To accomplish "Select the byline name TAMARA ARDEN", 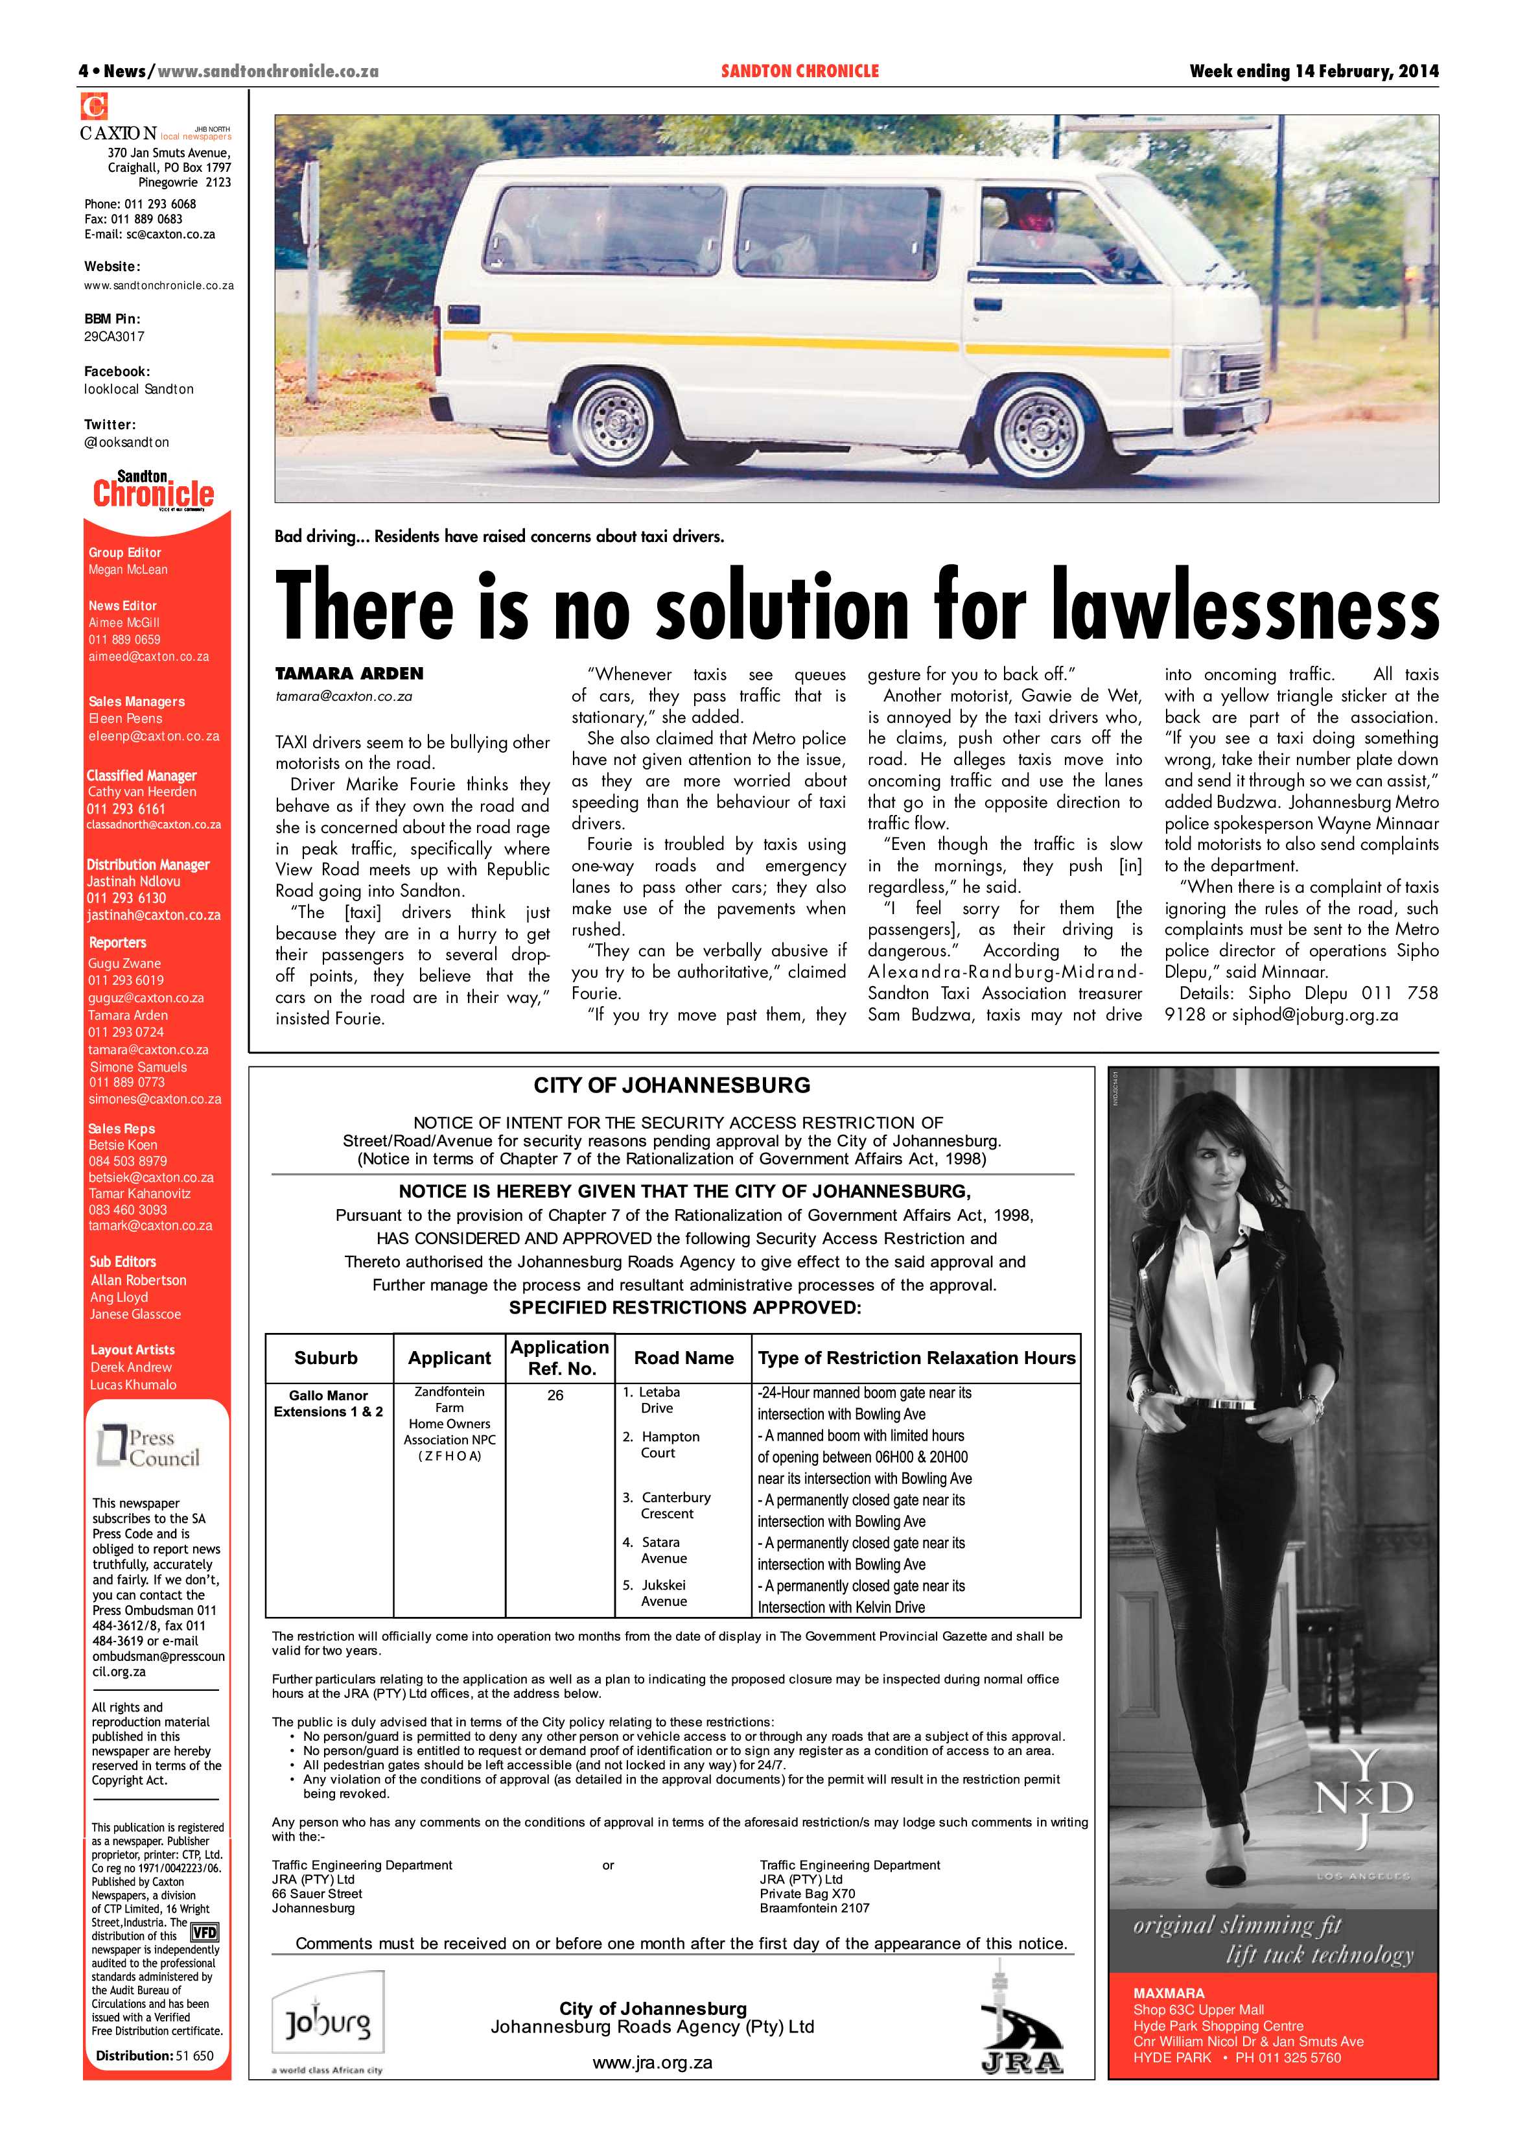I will [349, 673].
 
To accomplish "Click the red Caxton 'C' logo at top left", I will [94, 106].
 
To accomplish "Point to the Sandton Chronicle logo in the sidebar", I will [154, 490].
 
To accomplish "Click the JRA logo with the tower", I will [1021, 2028].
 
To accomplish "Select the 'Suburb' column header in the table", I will [326, 1358].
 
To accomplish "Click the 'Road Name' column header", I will [683, 1358].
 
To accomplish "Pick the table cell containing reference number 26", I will [555, 1395].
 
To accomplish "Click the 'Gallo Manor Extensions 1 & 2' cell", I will [328, 1404].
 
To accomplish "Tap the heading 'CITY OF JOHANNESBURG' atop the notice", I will [671, 1085].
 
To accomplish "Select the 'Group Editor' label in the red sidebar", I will [125, 553].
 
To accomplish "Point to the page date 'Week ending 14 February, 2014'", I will [1313, 71].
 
